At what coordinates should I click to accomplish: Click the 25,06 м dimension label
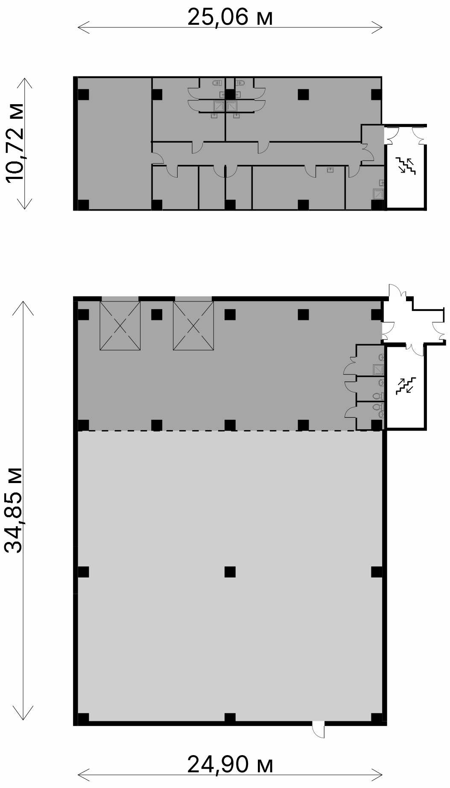(x=230, y=18)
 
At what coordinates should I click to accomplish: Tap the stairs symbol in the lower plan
(x=405, y=385)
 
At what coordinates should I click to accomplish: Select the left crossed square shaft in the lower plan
(x=120, y=326)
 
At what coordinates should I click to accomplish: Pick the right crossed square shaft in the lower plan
(x=193, y=326)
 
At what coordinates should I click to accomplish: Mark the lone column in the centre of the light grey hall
(x=230, y=571)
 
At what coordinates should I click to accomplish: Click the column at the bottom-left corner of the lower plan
(x=83, y=718)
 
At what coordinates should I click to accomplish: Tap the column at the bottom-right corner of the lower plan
(x=377, y=718)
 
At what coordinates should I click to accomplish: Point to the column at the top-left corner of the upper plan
(x=83, y=94)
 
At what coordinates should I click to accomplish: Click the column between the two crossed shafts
(x=157, y=315)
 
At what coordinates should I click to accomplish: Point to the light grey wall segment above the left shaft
(x=120, y=299)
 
